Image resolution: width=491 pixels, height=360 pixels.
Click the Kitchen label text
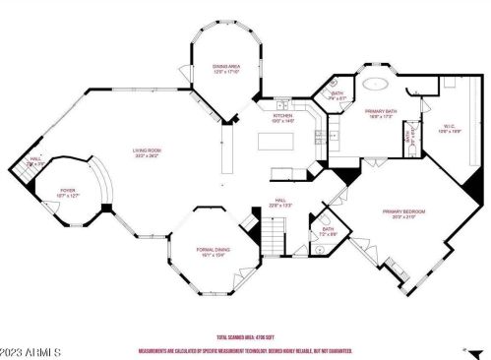pos(283,115)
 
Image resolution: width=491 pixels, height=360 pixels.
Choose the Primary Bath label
pos(380,112)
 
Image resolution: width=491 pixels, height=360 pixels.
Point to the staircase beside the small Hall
pos(20,160)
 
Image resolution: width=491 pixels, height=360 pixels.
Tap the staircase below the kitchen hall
pos(272,236)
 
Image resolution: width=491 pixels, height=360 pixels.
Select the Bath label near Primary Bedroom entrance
pos(328,229)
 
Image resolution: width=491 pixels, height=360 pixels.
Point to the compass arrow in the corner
pos(463,348)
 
